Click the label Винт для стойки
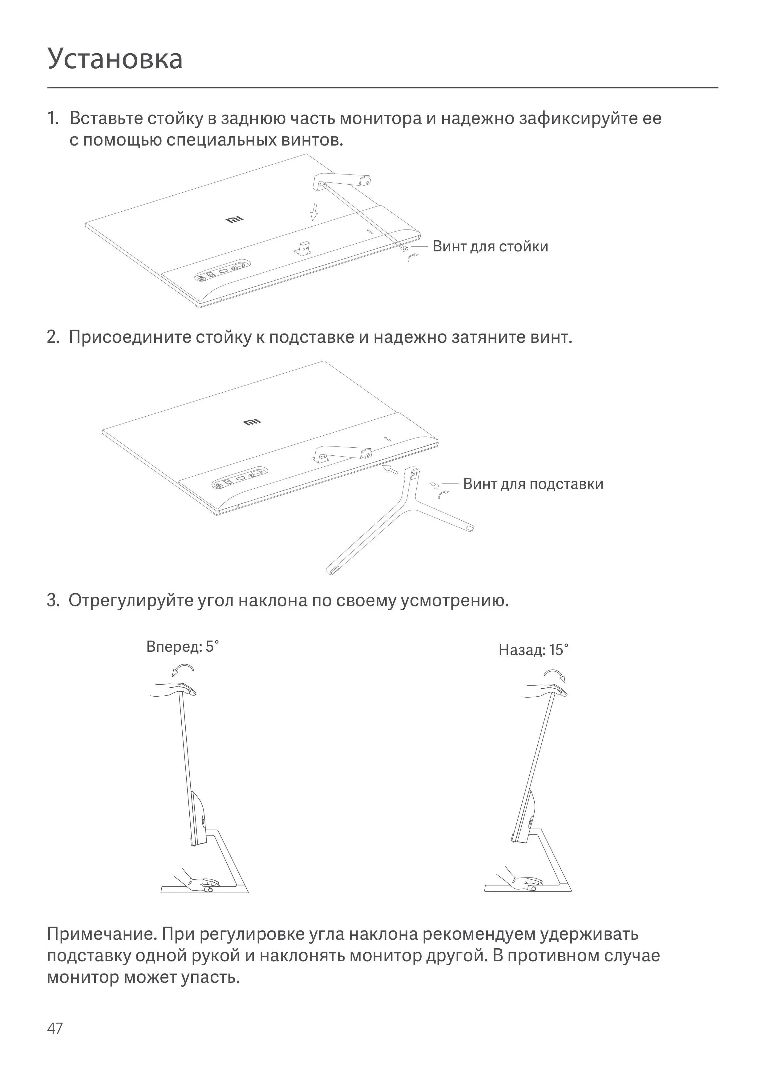pyautogui.click(x=490, y=247)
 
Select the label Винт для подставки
pyautogui.click(x=533, y=484)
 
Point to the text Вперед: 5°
pyautogui.click(x=183, y=647)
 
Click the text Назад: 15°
pyautogui.click(x=533, y=650)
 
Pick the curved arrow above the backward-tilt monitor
pyautogui.click(x=555, y=676)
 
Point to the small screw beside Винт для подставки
pyautogui.click(x=434, y=484)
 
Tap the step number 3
pyautogui.click(x=53, y=601)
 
